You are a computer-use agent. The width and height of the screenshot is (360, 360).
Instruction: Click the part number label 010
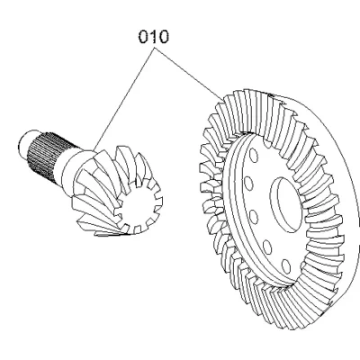pyautogui.click(x=154, y=37)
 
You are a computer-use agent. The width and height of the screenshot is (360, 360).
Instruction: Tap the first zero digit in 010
pyautogui.click(x=143, y=37)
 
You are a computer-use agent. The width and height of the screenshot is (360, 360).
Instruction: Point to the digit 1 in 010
pyautogui.click(x=154, y=37)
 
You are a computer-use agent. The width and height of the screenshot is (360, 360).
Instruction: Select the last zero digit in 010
pyautogui.click(x=164, y=37)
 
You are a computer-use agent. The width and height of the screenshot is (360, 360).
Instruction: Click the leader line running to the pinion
pyautogui.click(x=123, y=99)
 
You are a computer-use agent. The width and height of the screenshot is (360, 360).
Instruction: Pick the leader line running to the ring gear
pyautogui.click(x=189, y=74)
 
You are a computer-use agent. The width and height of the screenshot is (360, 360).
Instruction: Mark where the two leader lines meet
pyautogui.click(x=155, y=49)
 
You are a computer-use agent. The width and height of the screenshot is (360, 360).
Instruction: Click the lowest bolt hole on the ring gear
pyautogui.click(x=286, y=266)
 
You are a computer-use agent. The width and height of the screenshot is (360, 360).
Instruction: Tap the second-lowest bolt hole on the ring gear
pyautogui.click(x=267, y=247)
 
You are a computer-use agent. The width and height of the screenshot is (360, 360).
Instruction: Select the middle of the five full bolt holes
pyautogui.click(x=254, y=217)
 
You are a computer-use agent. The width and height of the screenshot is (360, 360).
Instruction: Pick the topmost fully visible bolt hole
pyautogui.click(x=254, y=156)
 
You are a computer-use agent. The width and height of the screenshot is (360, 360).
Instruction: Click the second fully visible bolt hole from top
pyautogui.click(x=248, y=184)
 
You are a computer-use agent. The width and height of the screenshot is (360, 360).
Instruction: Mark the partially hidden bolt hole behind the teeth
pyautogui.click(x=269, y=143)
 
